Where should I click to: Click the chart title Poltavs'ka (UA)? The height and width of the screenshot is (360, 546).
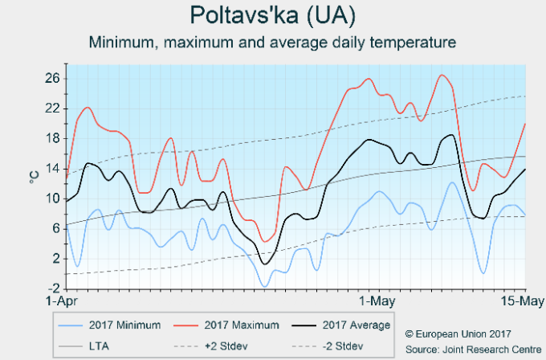272,15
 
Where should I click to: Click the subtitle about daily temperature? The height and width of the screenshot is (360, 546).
272,41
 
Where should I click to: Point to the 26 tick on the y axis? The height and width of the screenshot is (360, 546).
52,78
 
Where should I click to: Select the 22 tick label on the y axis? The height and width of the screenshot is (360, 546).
52,108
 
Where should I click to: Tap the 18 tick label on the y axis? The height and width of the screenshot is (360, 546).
52,138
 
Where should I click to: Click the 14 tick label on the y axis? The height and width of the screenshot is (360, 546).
52,168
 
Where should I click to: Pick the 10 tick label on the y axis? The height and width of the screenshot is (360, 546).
52,198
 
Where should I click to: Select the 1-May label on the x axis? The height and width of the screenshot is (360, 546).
377,302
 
